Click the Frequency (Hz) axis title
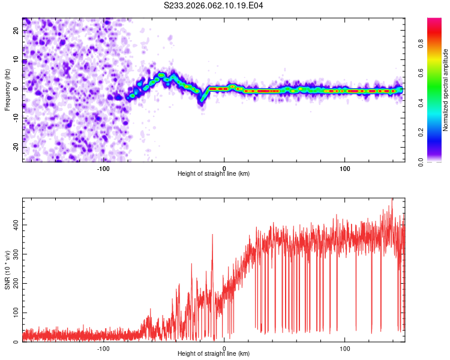tap(7, 89)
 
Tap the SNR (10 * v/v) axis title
tap(7, 270)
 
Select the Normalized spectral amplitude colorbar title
tap(446, 90)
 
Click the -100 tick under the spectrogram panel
tap(103, 168)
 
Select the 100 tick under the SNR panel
tap(345, 348)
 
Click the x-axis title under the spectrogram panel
tap(214, 174)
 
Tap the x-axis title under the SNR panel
tap(214, 354)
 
